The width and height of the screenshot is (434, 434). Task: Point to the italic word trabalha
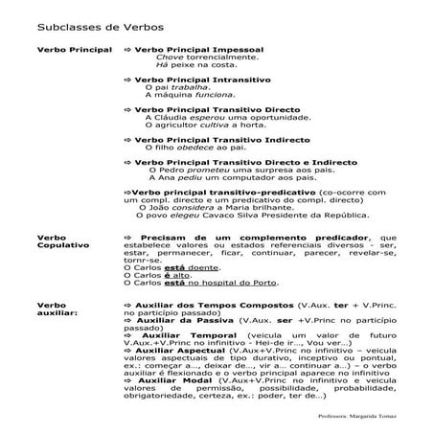pos(185,87)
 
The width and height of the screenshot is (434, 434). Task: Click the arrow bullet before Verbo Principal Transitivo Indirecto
pos(128,140)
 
